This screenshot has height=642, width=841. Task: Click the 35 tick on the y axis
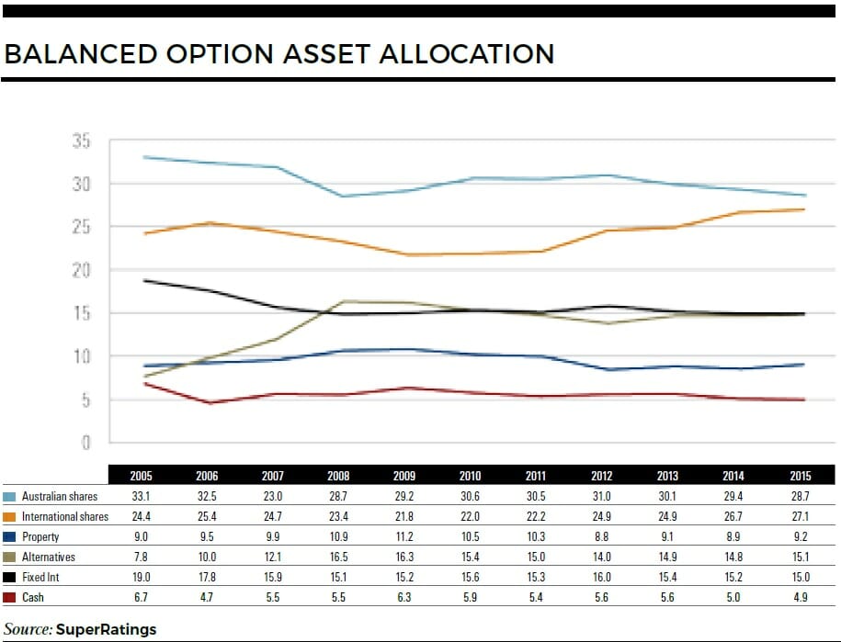pos(81,141)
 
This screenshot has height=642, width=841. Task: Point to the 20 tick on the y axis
pos(81,270)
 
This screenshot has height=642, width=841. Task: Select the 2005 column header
pos(142,477)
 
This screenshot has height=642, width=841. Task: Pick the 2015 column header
pos(800,477)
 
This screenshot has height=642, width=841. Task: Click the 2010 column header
pos(471,477)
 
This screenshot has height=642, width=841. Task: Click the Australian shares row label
pos(60,497)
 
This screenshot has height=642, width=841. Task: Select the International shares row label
pos(65,517)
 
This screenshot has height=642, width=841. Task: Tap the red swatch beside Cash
pos(10,598)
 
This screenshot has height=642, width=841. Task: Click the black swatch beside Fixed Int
pos(10,578)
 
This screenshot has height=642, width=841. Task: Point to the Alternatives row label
pos(49,558)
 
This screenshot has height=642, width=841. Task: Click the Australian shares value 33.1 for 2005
pos(142,497)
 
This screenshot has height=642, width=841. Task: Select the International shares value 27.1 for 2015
pos(800,517)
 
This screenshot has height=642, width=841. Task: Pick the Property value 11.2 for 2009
pos(404,537)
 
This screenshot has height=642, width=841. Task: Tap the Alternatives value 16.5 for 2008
pos(338,558)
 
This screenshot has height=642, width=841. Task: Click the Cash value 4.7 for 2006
pos(207,598)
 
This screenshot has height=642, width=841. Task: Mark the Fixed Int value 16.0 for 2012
pos(602,578)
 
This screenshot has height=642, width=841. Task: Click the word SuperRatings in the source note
pos(106,629)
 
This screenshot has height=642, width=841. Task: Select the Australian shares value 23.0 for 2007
pos(273,497)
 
